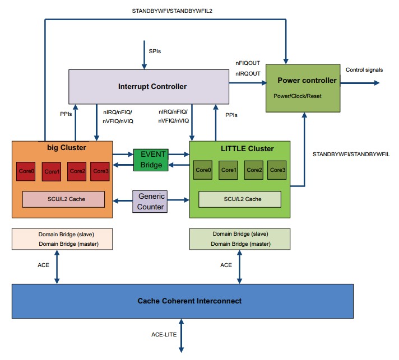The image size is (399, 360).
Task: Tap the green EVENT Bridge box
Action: tap(151, 160)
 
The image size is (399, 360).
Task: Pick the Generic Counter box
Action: tap(151, 202)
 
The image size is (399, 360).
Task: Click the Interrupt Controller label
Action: tap(152, 87)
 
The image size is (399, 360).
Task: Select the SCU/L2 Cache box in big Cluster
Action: tap(63, 199)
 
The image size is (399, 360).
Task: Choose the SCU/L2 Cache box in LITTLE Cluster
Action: tap(240, 199)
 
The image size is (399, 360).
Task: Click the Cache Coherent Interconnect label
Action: tap(189, 301)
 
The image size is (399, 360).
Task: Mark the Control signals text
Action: tap(364, 70)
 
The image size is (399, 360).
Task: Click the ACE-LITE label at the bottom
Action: tap(164, 334)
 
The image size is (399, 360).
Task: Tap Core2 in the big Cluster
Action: tap(78, 171)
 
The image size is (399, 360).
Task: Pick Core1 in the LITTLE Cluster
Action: tap(229, 170)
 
